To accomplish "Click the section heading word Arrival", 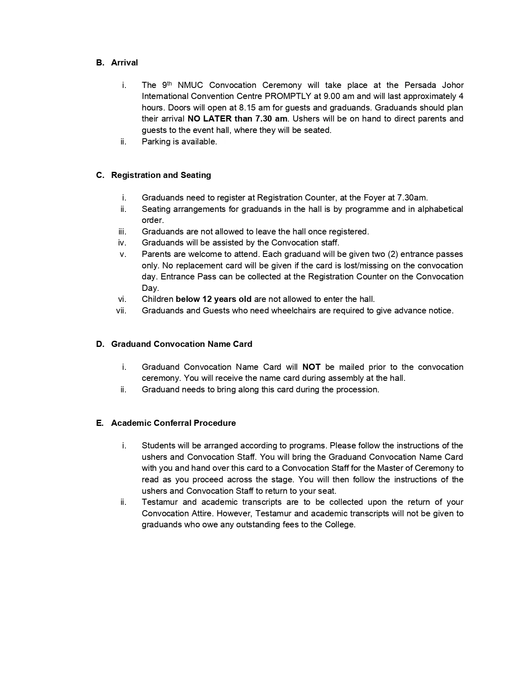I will pos(124,63).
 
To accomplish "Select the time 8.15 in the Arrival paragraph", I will pos(247,108).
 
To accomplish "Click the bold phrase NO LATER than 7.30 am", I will pos(237,119).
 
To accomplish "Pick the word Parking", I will pos(156,142).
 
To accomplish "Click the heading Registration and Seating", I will pos(161,175).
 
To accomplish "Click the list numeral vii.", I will pos(121,310).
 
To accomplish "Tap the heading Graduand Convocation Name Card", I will pos(181,344).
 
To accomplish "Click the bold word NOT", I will pos(311,367).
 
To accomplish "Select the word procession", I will pos(358,389).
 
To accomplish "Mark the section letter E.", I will pos(100,423).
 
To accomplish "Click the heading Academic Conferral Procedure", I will pos(173,423).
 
